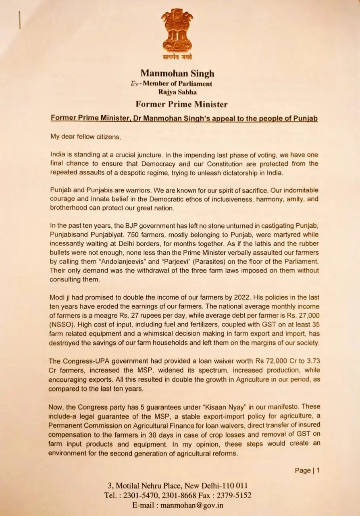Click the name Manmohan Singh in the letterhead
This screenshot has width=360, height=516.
pyautogui.click(x=177, y=73)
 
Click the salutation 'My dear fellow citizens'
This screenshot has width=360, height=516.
pyautogui.click(x=85, y=136)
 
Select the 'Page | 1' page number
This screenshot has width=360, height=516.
pyautogui.click(x=307, y=470)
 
